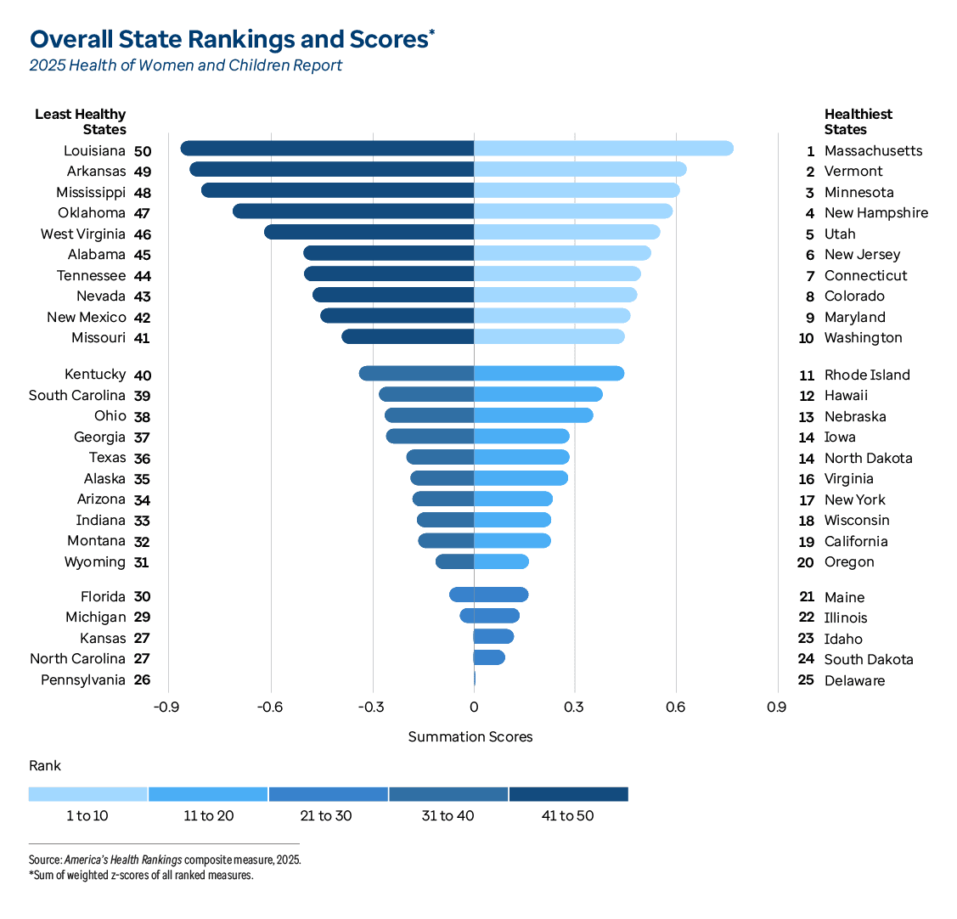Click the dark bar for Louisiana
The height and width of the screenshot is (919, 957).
[x=327, y=149]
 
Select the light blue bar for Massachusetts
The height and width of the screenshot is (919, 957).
[x=603, y=149]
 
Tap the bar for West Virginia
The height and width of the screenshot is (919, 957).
[x=369, y=232]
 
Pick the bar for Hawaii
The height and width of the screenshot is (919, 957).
[x=538, y=394]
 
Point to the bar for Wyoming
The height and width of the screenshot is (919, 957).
[x=454, y=561]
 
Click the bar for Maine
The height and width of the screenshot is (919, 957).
[x=501, y=595]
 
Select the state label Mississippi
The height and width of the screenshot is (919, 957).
[x=91, y=192]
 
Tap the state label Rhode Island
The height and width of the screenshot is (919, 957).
[x=866, y=375]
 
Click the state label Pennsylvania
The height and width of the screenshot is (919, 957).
[x=83, y=679]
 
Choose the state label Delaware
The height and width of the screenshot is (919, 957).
[x=854, y=680]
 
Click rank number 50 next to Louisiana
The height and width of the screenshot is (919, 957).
[x=143, y=151]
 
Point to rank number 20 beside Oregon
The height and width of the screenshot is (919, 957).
[x=806, y=562]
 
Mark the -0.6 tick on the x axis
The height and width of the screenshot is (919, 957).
[x=270, y=707]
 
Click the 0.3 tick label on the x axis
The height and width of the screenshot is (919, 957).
[x=574, y=707]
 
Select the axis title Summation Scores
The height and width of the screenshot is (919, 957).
[x=470, y=736]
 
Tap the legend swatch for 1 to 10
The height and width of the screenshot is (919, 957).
[x=87, y=794]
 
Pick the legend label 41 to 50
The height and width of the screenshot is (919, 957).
[x=567, y=816]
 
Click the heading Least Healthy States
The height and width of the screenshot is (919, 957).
[x=81, y=121]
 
